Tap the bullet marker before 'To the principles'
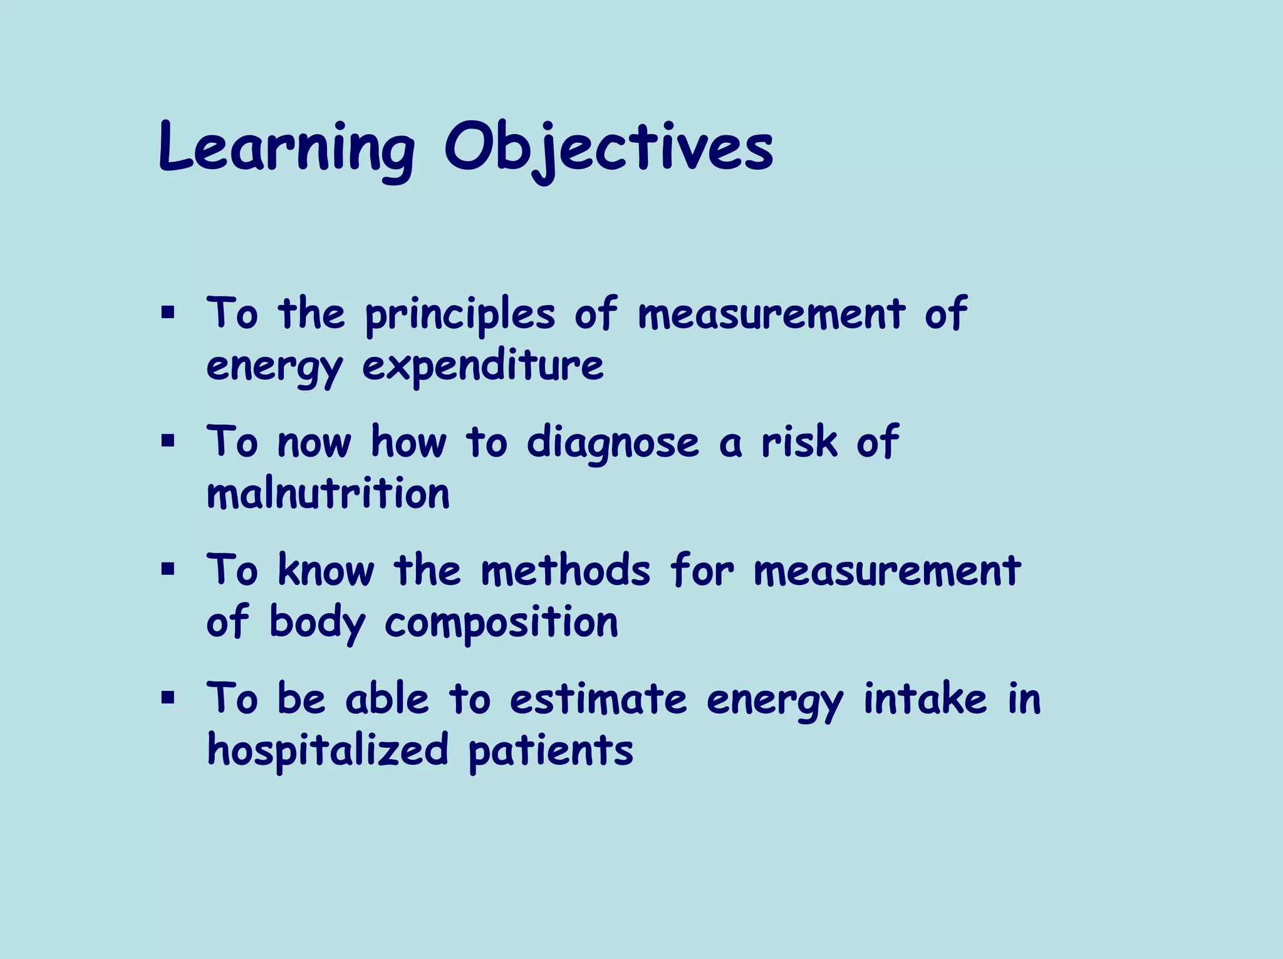tap(167, 312)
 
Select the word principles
tap(460, 315)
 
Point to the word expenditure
tap(483, 366)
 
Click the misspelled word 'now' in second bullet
tap(314, 443)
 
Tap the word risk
tap(799, 442)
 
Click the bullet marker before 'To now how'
tap(167, 441)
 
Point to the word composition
tap(501, 623)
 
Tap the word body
tap(317, 623)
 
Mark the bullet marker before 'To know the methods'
tap(167, 569)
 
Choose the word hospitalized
tap(328, 750)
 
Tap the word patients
tap(551, 750)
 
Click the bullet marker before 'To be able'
tap(167, 698)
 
